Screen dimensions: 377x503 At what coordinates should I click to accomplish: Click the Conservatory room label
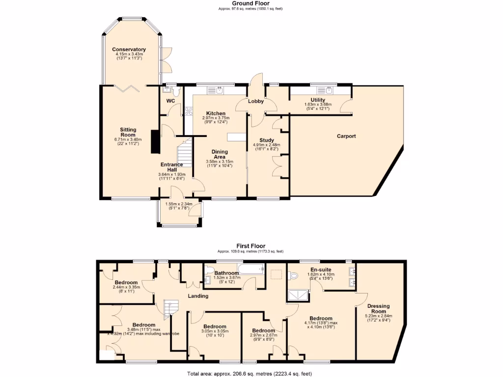pos(129,49)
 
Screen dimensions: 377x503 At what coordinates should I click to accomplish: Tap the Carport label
pos(346,136)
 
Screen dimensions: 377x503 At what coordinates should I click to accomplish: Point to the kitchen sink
pos(216,90)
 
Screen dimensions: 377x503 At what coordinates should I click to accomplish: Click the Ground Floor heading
pos(251,3)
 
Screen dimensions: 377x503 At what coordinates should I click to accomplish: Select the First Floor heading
pos(251,246)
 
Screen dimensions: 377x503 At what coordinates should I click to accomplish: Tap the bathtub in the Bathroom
pos(251,269)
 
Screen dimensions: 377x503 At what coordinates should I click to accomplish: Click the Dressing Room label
pos(378,308)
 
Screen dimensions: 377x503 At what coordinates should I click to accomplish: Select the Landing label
pos(198,296)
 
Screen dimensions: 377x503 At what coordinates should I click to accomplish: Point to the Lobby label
pos(255,102)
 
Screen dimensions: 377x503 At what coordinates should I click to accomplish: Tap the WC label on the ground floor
pos(170,101)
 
